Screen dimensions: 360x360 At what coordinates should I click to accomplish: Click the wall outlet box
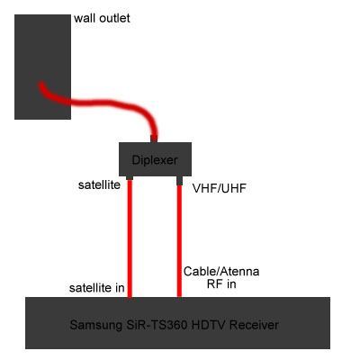(42, 67)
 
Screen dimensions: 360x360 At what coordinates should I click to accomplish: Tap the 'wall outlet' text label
(102, 19)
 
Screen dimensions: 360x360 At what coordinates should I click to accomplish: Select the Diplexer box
(155, 159)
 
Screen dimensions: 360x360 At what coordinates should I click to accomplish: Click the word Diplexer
(155, 160)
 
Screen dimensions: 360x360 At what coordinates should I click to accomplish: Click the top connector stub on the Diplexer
(154, 139)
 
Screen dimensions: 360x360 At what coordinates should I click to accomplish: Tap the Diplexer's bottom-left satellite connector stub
(130, 178)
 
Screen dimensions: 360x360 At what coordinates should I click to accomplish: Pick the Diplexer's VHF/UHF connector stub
(179, 180)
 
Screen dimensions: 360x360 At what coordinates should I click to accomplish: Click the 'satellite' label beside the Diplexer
(99, 184)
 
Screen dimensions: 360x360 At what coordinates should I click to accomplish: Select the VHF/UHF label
(220, 188)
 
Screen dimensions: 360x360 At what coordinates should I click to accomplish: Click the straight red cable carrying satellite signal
(130, 238)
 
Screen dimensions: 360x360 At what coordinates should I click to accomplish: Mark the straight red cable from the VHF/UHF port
(179, 241)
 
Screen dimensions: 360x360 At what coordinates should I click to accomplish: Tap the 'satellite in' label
(96, 288)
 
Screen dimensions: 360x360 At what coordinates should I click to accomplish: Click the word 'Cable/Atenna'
(221, 272)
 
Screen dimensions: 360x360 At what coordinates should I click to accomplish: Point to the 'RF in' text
(221, 283)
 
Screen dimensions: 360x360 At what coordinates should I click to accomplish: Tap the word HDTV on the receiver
(208, 325)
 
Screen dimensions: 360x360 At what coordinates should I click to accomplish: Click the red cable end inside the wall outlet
(41, 85)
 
